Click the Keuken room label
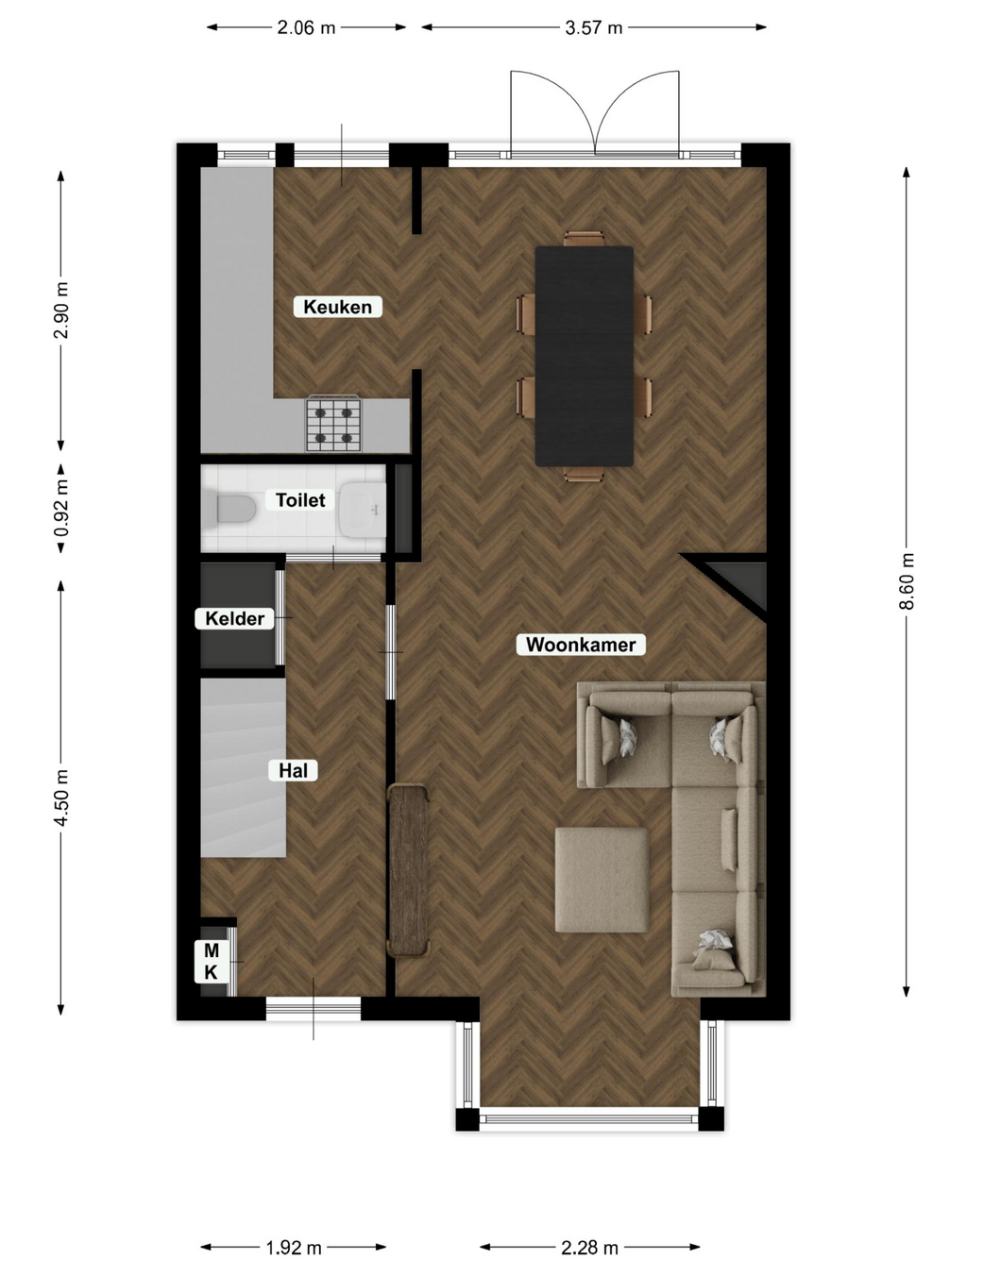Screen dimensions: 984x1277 (x=337, y=307)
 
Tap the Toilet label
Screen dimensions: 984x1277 (x=300, y=500)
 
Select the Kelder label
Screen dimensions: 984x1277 (x=234, y=618)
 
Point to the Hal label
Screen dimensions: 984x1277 (x=293, y=770)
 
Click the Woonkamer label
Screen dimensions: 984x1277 (x=581, y=645)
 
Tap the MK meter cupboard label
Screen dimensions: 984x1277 (x=211, y=962)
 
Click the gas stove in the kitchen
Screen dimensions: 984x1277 (x=333, y=423)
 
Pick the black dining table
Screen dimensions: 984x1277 (x=585, y=357)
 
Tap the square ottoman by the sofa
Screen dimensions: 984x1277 (x=602, y=880)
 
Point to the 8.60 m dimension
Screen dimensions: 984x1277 (x=907, y=581)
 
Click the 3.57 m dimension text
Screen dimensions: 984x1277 (x=594, y=27)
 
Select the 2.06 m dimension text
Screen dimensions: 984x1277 (x=306, y=27)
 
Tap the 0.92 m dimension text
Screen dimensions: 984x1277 (x=61, y=509)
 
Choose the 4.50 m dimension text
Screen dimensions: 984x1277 (x=61, y=798)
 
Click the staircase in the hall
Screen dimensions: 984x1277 (x=244, y=767)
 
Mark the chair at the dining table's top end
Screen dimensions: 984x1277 (x=585, y=239)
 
